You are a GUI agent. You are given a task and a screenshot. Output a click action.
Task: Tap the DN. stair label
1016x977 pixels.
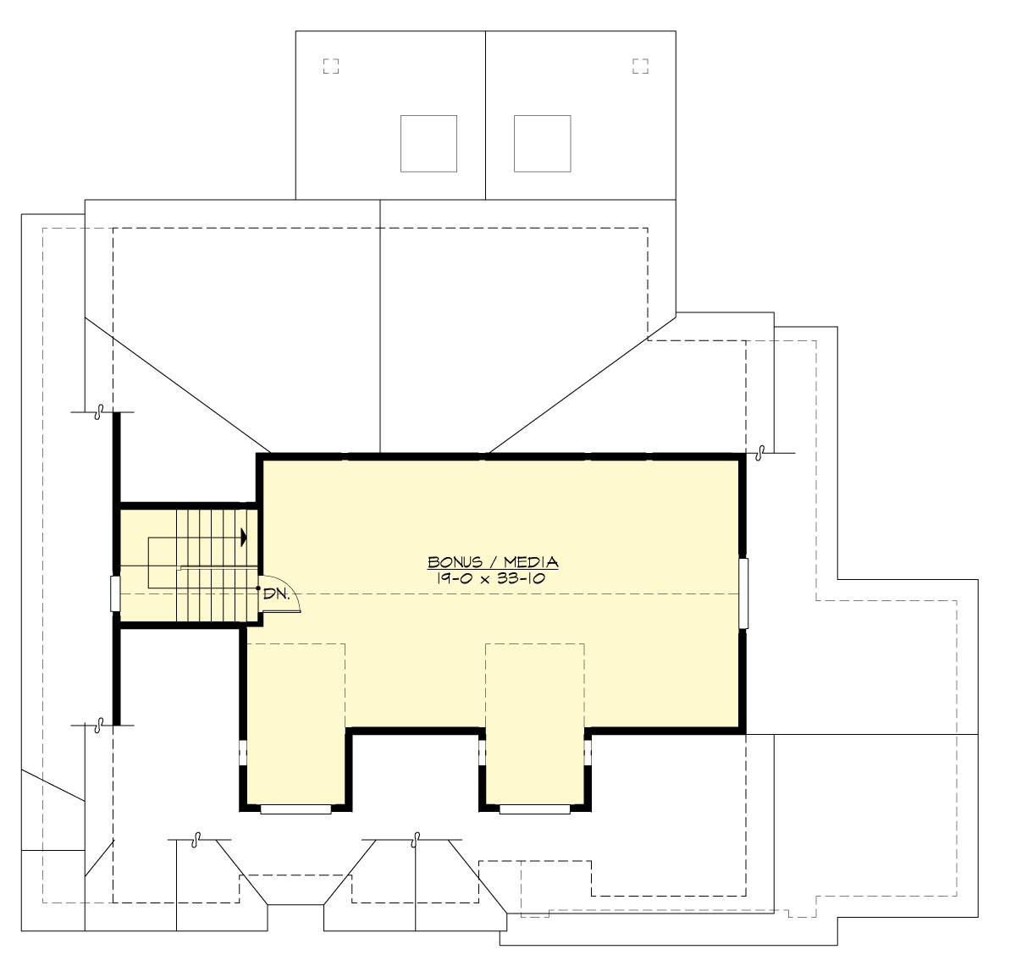point(275,594)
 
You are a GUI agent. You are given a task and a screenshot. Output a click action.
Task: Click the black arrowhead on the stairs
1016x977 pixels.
point(244,537)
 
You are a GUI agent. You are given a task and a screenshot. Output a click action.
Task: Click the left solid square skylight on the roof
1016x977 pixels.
point(428,143)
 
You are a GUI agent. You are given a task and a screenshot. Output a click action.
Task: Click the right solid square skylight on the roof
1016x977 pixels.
point(542,143)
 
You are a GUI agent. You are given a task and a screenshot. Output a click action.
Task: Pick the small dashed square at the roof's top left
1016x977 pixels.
point(331,66)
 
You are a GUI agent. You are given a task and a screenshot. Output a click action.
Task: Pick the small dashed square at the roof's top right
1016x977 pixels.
point(640,66)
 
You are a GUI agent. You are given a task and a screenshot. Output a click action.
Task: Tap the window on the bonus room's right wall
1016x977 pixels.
point(743,593)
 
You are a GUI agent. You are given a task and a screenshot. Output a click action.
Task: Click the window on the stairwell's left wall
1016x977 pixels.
point(115,593)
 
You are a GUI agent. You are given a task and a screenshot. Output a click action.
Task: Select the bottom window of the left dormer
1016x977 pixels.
point(295,809)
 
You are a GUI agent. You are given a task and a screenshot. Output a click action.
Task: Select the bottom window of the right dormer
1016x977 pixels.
point(534,809)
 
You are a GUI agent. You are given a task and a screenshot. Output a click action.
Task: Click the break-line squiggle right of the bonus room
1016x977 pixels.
point(760,452)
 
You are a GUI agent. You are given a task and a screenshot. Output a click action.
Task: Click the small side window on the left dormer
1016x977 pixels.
point(242,752)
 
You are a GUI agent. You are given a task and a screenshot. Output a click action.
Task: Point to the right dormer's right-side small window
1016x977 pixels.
point(588,752)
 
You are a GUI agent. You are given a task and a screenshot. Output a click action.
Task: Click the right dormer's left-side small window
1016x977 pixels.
point(482,752)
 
